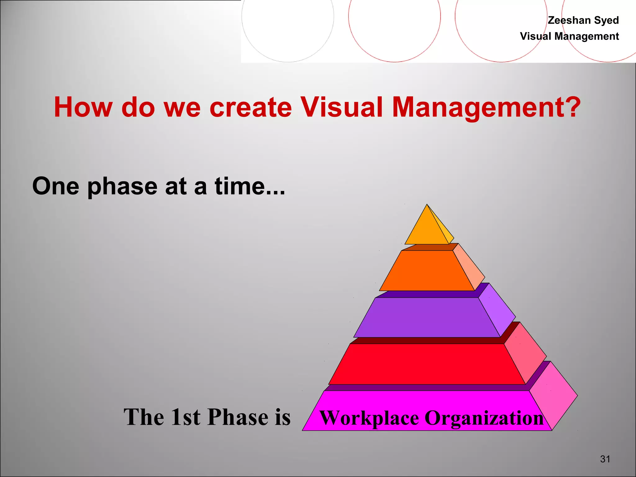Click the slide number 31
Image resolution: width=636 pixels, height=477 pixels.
click(605, 459)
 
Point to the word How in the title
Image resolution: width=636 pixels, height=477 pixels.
click(83, 107)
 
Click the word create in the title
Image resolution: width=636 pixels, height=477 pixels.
click(251, 107)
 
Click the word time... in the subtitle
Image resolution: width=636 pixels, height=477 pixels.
click(250, 186)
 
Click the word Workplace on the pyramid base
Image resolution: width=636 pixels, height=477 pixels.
click(369, 418)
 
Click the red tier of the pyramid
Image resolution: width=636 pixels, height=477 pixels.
click(427, 364)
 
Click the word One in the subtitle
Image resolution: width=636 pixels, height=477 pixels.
click(56, 186)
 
